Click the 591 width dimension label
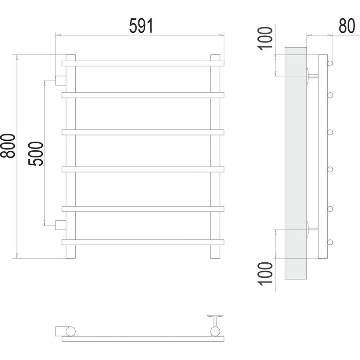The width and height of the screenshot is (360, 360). pyautogui.click(x=141, y=26)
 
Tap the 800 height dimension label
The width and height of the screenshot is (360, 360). pyautogui.click(x=8, y=146)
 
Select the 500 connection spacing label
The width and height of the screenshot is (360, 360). pyautogui.click(x=36, y=154)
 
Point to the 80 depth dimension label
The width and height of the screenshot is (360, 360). pyautogui.click(x=347, y=26)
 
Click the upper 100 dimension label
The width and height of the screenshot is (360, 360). pyautogui.click(x=265, y=38)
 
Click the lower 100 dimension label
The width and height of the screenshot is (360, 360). pyautogui.click(x=265, y=274)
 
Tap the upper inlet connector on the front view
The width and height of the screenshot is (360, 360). pyautogui.click(x=61, y=80)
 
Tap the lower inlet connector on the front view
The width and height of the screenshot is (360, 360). pyautogui.click(x=61, y=225)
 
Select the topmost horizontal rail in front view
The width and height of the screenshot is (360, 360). pyautogui.click(x=143, y=64)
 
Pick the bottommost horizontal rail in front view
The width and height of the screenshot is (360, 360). pyautogui.click(x=143, y=242)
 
